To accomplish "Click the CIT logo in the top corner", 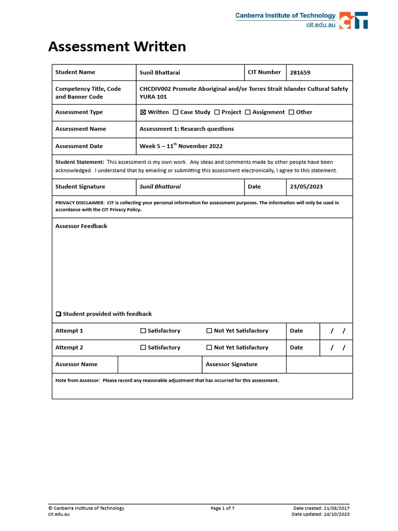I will click(x=354, y=20).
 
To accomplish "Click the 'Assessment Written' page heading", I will click(x=117, y=47).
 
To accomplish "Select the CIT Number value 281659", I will click(x=301, y=73).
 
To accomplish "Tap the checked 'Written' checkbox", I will click(x=143, y=112).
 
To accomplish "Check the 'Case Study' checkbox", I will click(x=176, y=112).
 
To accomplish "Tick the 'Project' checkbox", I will click(x=217, y=112).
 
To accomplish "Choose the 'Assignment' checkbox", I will click(x=248, y=112).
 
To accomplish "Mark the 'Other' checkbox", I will click(x=291, y=112).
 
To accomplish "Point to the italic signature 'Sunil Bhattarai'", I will click(x=160, y=187).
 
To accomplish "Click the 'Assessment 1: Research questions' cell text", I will click(x=187, y=129).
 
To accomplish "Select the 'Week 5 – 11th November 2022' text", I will click(x=181, y=146).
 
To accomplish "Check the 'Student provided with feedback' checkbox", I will click(x=59, y=314).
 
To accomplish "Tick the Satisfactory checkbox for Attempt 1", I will click(x=143, y=331).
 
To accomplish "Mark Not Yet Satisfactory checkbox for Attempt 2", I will click(x=209, y=347).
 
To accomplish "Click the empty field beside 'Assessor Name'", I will click(x=160, y=365).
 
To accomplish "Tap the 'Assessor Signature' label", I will click(x=232, y=365).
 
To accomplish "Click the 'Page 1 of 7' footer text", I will click(x=223, y=508).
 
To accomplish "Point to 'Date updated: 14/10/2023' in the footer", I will click(x=321, y=514).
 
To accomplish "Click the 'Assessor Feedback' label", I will click(x=81, y=226).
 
